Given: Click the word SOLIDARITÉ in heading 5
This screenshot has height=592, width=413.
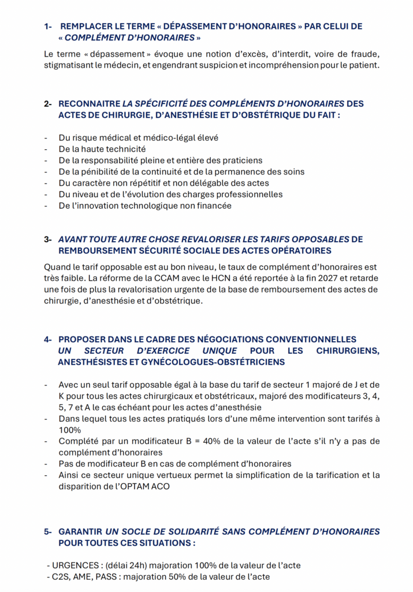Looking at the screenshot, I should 196,531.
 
